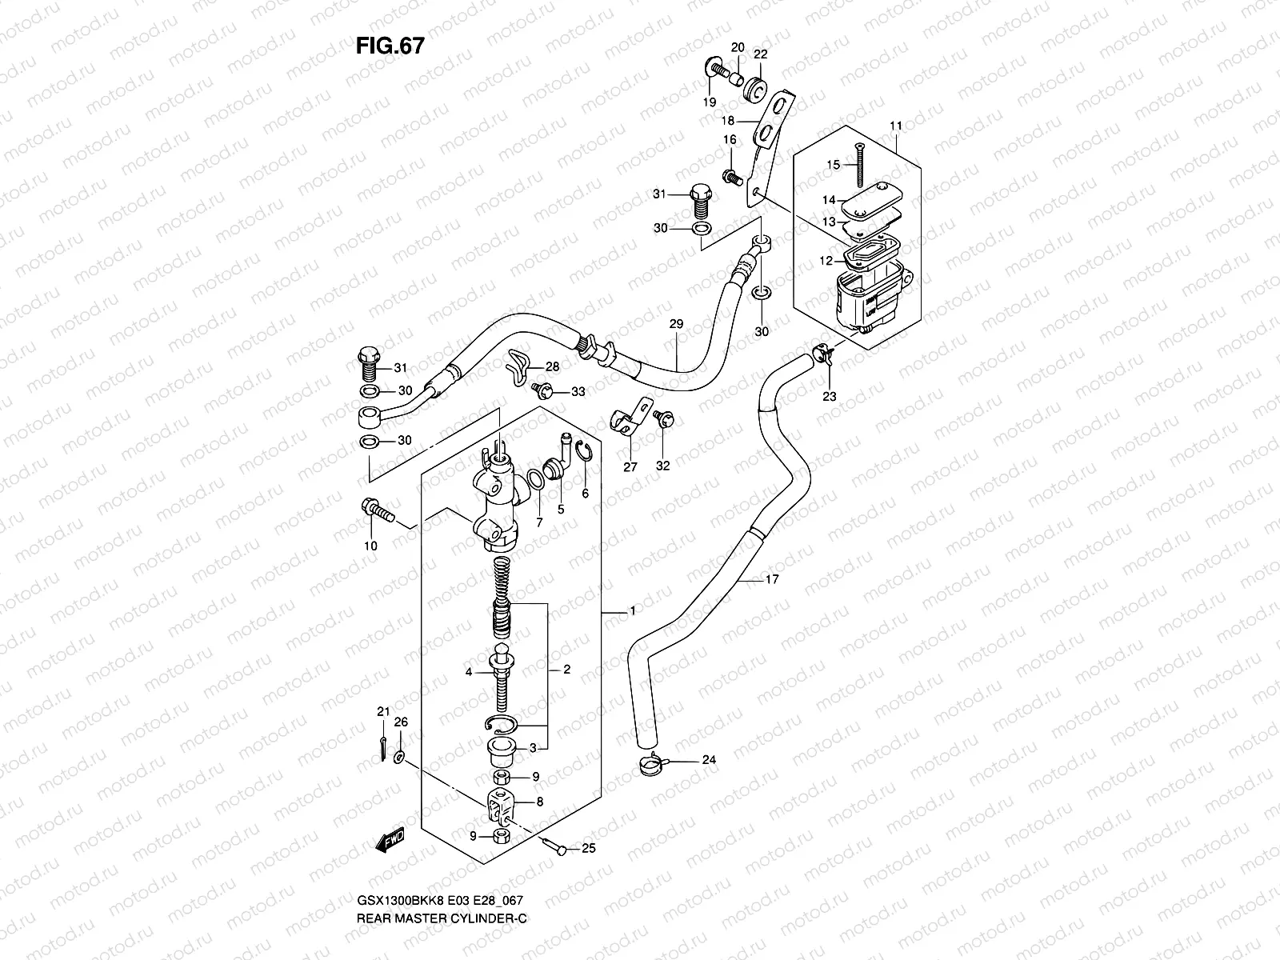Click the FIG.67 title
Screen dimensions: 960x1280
(x=390, y=46)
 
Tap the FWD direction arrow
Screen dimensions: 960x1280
(x=390, y=839)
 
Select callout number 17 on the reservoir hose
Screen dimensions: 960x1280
(x=771, y=579)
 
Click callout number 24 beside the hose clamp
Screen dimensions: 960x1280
(x=709, y=760)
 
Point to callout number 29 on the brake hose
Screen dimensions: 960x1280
(x=676, y=324)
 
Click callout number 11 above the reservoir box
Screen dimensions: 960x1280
(x=895, y=126)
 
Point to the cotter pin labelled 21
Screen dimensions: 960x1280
(x=384, y=744)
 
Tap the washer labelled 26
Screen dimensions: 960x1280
(x=401, y=755)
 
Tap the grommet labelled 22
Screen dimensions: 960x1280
(x=754, y=89)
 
